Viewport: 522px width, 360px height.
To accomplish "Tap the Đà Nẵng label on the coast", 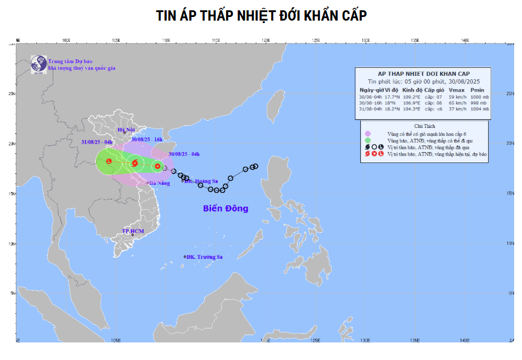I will click(160, 182).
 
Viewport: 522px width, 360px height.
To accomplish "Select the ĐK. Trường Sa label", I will click(205, 257).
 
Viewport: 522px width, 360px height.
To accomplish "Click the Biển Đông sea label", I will click(226, 208).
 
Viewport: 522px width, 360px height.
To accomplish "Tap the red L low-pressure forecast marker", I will click(109, 161).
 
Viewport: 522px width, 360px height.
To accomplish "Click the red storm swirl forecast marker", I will click(135, 162).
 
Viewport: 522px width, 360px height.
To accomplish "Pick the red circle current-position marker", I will click(158, 165).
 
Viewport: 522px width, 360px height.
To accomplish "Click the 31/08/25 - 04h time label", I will click(96, 142).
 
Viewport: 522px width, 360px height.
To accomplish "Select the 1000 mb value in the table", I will click(478, 97).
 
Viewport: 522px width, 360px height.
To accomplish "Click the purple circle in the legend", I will click(367, 133).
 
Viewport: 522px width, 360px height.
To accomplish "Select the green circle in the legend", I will click(367, 141).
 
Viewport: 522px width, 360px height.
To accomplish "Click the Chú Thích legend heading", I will click(424, 126).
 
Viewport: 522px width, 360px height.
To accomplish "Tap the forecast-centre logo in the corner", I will click(39, 64).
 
